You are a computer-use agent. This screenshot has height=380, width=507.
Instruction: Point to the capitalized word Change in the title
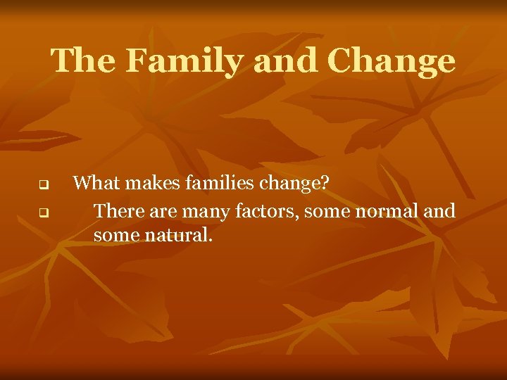coord(391,61)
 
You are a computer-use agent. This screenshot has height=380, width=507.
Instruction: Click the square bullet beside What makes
coord(42,186)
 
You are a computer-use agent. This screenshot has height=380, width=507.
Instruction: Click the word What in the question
coord(93,184)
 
